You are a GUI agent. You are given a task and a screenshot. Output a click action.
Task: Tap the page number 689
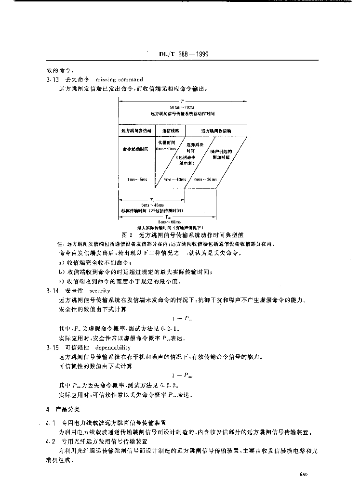pos(303,474)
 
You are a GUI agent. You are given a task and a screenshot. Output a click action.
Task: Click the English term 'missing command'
pos(119,79)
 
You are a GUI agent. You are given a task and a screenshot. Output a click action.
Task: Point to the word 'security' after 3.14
pos(100,290)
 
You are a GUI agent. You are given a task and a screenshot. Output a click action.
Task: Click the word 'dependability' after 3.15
pos(113,347)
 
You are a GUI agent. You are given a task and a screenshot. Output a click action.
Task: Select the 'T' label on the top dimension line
pos(182,102)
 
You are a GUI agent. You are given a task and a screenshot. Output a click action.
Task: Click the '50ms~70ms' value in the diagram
pos(182,107)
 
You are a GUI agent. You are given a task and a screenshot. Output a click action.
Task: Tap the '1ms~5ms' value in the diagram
pos(137,179)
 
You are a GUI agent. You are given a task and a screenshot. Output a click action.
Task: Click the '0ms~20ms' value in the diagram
pos(205,179)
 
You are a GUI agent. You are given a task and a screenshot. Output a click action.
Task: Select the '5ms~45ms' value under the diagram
pos(152,205)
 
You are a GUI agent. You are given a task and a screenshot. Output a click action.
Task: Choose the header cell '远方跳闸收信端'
pos(215,130)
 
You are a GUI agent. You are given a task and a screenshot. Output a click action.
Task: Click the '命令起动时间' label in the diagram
pos(135,150)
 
